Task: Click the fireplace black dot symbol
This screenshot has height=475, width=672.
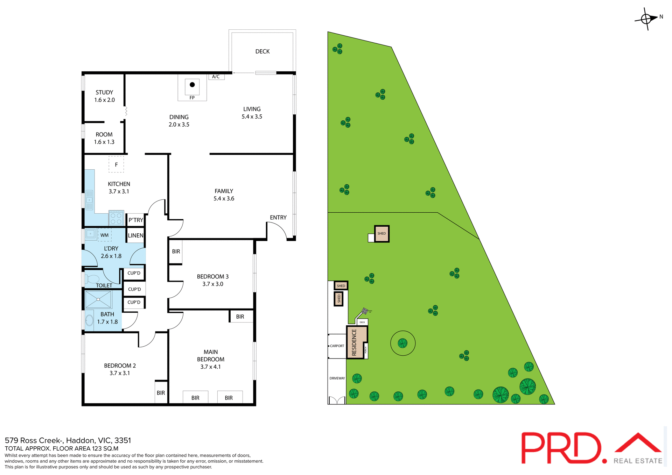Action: [192, 85]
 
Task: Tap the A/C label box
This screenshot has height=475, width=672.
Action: [216, 77]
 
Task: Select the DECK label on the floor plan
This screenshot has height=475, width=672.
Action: [262, 51]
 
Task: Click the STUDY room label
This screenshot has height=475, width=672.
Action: [104, 92]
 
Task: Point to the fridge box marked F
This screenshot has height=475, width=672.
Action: [116, 164]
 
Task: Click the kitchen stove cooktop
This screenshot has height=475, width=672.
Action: [116, 218]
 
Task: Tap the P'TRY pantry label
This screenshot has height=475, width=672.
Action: [136, 220]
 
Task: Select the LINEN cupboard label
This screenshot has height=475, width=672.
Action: [135, 235]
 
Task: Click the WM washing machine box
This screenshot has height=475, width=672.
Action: [105, 235]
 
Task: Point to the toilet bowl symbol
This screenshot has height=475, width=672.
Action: [92, 279]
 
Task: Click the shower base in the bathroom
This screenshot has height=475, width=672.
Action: [98, 299]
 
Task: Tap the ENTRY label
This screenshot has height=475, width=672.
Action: [278, 218]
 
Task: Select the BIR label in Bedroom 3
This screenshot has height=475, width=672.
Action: [176, 251]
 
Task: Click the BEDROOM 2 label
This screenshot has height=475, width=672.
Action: [120, 366]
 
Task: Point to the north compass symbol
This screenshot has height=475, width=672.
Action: [646, 19]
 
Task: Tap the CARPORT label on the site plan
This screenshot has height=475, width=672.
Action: [337, 346]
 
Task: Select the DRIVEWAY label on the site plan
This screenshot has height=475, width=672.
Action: [337, 378]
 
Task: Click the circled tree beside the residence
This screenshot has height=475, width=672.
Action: [402, 343]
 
